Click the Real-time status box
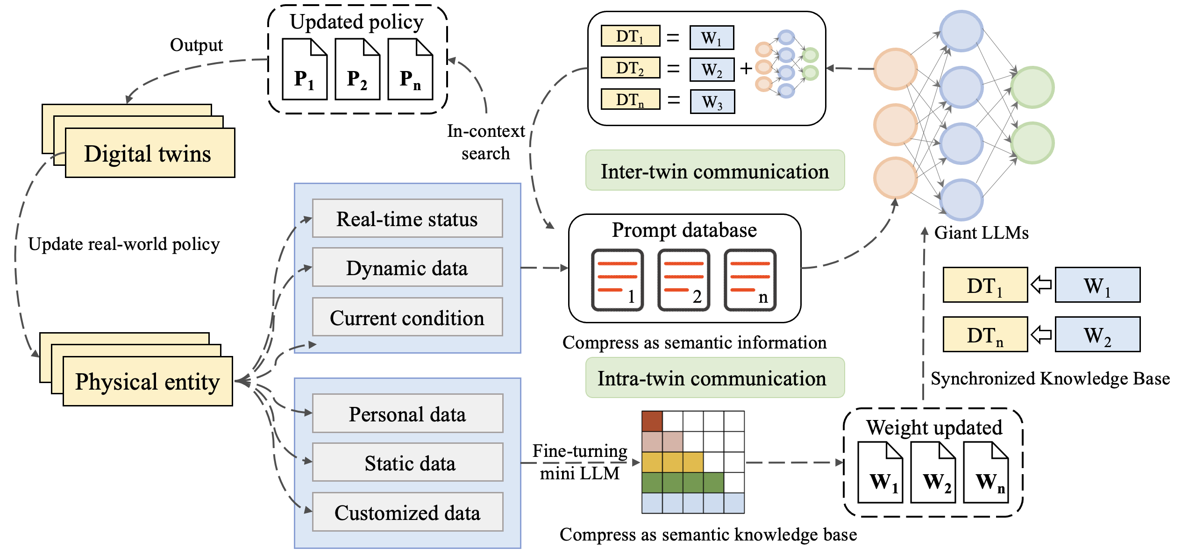coord(407,219)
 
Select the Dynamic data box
coord(407,268)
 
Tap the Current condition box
coord(407,317)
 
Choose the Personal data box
coord(407,414)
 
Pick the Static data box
coord(407,462)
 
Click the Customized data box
coord(407,512)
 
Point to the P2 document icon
coord(357,70)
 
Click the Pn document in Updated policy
coord(410,70)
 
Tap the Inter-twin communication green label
coord(715,171)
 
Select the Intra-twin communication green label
coord(715,378)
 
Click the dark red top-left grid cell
coord(652,421)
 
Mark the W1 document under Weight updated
coord(880,473)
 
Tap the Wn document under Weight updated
coord(986,473)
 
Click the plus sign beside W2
coord(746,69)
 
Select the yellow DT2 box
coord(630,68)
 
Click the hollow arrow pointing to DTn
coord(1041,334)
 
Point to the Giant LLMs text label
coord(981,233)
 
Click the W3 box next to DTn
coord(712,101)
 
